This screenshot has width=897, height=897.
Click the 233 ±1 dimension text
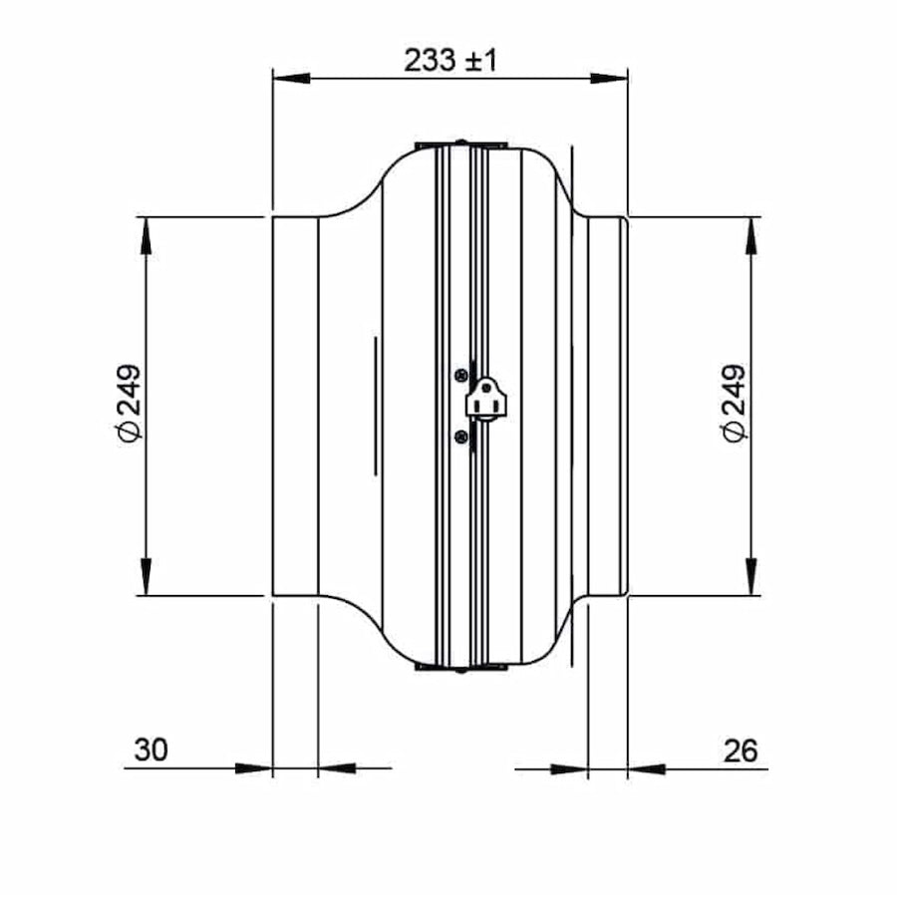[449, 61]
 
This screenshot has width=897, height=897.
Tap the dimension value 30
[150, 750]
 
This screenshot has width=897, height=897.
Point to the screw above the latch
[459, 375]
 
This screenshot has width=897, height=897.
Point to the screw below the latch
[459, 436]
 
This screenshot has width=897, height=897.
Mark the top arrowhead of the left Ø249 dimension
[147, 233]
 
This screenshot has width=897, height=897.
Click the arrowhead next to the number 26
[646, 768]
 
